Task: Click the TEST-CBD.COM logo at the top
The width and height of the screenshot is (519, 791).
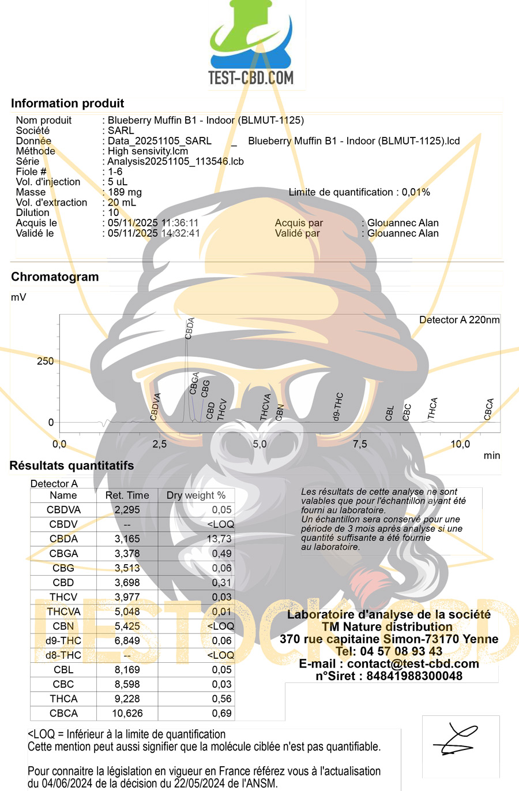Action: click(251, 46)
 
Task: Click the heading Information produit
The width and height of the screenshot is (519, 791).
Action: click(67, 103)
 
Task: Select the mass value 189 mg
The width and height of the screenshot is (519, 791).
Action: click(125, 192)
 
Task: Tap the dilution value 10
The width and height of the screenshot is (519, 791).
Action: click(114, 212)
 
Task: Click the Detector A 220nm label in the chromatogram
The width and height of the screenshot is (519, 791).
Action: click(459, 320)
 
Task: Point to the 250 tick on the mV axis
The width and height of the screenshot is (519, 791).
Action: click(45, 361)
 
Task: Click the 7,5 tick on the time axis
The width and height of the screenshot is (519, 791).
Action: click(360, 444)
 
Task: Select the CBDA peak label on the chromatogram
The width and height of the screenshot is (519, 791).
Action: click(190, 328)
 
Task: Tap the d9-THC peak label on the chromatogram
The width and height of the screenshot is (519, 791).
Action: click(338, 406)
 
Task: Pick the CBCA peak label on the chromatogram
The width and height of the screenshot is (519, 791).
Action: click(489, 409)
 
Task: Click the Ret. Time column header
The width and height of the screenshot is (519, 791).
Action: click(127, 495)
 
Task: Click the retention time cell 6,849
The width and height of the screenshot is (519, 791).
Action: click(127, 640)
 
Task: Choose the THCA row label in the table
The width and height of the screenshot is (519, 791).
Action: click(63, 699)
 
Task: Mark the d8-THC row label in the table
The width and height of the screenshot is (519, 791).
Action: click(63, 655)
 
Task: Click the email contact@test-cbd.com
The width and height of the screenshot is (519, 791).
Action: click(389, 663)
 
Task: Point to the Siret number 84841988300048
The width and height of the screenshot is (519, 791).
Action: click(389, 676)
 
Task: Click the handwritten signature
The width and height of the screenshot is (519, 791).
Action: click(460, 740)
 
